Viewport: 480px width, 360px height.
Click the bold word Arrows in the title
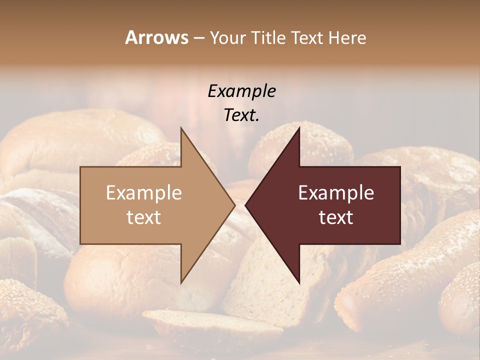(x=157, y=37)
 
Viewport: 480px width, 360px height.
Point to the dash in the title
(x=199, y=38)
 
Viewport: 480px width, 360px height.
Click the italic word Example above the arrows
(x=241, y=91)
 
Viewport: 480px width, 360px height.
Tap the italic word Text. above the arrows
(x=241, y=115)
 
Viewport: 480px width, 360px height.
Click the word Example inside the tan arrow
(x=144, y=192)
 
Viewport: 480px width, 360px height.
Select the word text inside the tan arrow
(x=144, y=217)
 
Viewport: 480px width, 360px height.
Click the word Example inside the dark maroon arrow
(x=336, y=192)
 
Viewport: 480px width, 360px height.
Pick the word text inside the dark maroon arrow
(x=336, y=217)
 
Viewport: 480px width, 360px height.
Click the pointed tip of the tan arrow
(x=234, y=205)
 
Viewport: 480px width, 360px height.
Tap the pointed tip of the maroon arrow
(x=246, y=205)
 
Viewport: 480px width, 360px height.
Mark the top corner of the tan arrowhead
(x=181, y=128)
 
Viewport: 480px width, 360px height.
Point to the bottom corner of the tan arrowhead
(x=181, y=283)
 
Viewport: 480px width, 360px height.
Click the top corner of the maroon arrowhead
(x=299, y=128)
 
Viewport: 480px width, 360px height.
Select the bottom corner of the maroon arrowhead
(x=299, y=283)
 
